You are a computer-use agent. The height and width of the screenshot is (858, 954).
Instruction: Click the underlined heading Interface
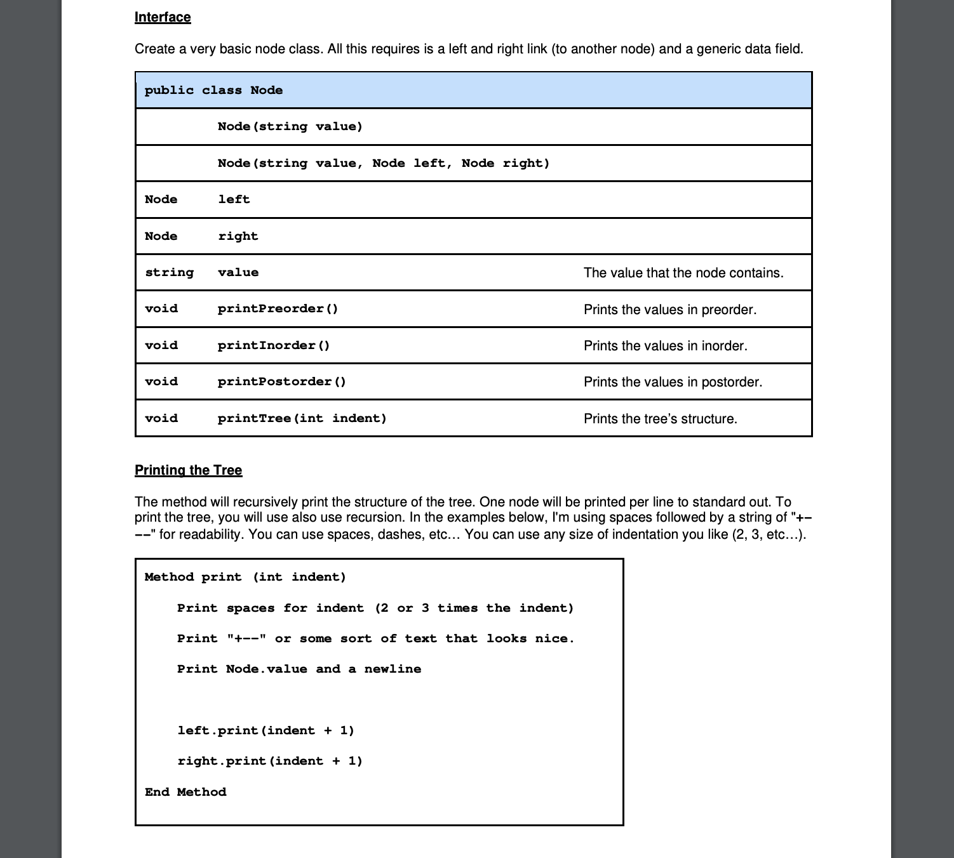163,17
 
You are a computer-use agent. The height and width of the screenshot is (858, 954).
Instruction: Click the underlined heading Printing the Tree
188,470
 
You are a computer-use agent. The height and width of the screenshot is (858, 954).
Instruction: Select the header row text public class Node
213,90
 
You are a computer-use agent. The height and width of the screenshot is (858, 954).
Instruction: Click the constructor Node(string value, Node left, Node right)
383,163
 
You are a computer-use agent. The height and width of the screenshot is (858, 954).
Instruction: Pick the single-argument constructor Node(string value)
290,126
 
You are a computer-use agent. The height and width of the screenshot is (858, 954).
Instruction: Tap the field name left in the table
234,199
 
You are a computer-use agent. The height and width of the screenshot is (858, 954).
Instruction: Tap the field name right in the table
238,236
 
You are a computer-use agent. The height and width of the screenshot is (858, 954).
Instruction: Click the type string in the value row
169,272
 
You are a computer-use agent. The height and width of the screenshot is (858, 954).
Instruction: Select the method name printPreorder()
278,308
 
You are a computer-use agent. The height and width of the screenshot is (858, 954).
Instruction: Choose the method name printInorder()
273,345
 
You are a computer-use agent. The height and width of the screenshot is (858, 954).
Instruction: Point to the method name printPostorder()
281,381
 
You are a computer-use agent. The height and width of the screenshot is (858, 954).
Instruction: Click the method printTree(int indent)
302,418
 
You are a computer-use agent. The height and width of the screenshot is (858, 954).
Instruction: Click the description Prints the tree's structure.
660,419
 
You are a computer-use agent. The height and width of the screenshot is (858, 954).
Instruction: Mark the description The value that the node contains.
683,273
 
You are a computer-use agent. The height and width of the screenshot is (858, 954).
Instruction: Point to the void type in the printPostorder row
161,381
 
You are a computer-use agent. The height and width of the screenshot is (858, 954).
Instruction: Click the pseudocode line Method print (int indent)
245,577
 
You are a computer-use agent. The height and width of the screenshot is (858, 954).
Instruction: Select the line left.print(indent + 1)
265,730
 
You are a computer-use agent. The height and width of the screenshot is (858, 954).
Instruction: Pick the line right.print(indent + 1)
270,761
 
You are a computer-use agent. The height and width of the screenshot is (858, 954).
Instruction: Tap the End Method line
185,792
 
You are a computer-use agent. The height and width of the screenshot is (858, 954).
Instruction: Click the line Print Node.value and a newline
299,669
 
